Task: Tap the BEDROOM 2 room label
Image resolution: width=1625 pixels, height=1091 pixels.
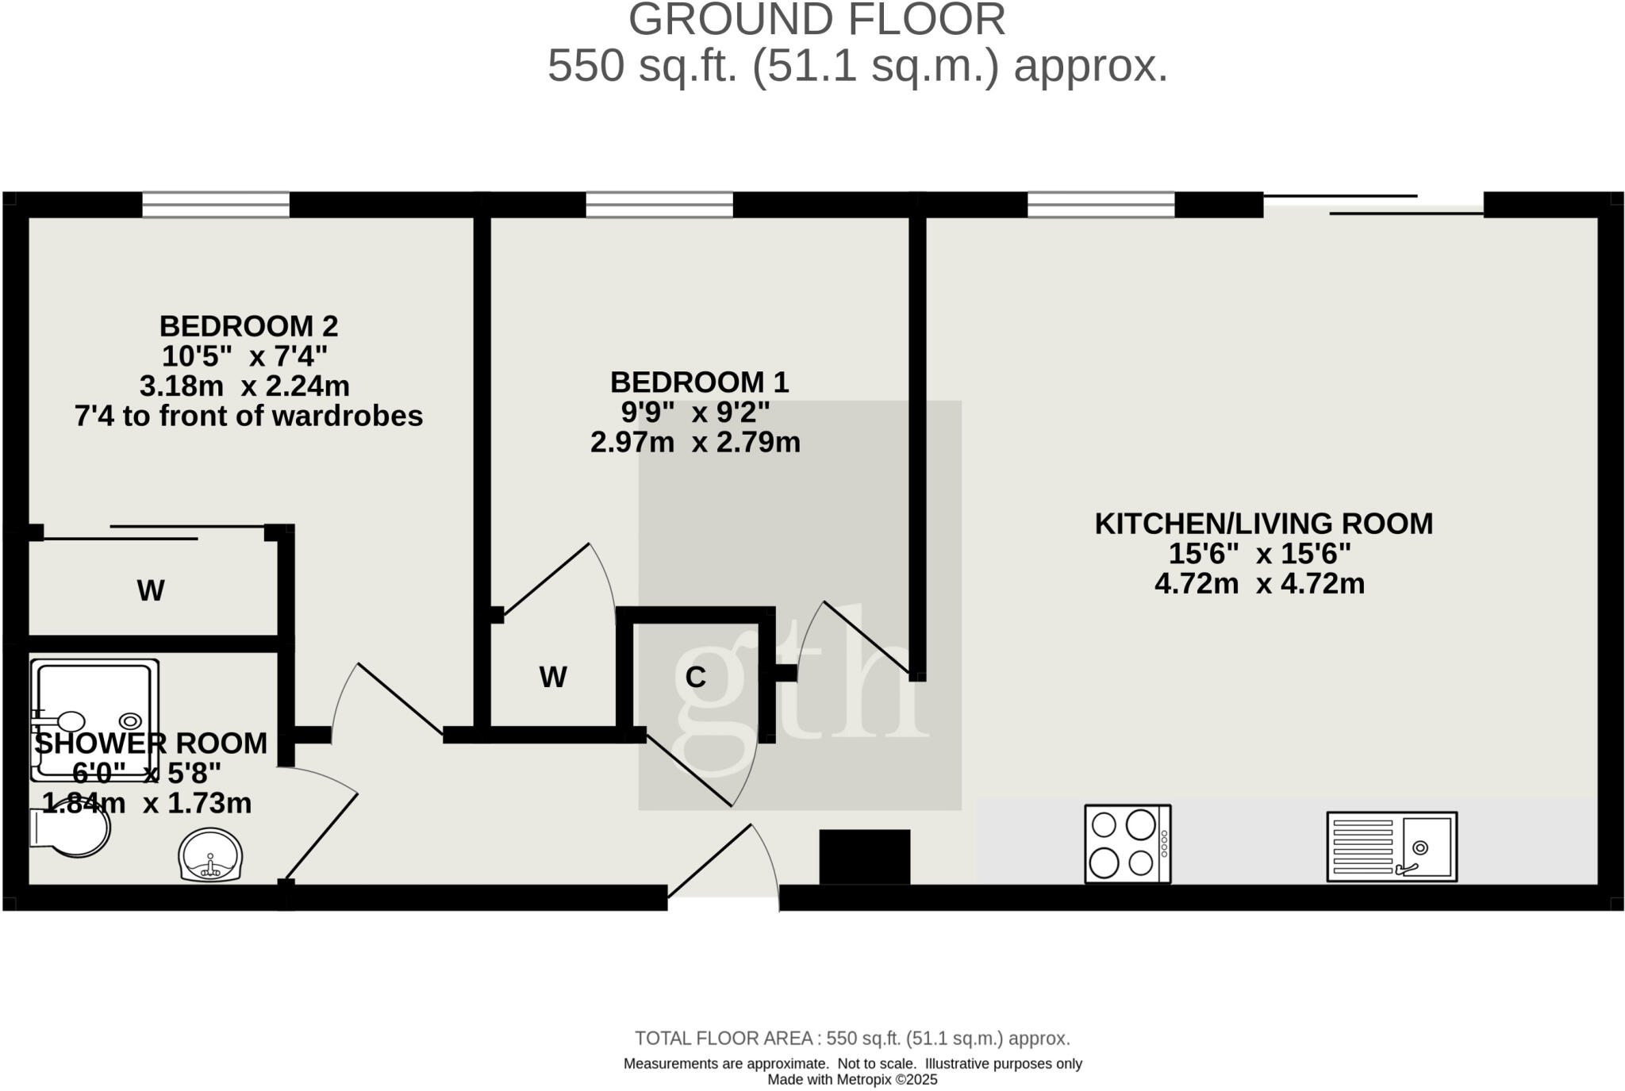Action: coord(248,326)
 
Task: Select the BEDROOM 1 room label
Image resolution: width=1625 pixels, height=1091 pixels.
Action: coord(699,382)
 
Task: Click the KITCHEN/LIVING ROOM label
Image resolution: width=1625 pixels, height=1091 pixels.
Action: coord(1263,524)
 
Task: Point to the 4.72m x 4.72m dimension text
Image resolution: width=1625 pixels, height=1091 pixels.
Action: coord(1259,584)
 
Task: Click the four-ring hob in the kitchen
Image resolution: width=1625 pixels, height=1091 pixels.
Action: coord(1128,843)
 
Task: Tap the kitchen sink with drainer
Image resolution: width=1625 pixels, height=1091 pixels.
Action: coord(1392,847)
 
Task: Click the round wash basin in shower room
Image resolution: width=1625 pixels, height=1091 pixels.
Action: coord(210,856)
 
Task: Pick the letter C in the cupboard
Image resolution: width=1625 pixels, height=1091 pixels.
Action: coord(695,678)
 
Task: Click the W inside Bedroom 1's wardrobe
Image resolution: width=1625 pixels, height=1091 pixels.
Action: coord(553,678)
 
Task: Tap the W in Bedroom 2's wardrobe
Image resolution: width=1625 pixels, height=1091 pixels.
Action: coord(151,591)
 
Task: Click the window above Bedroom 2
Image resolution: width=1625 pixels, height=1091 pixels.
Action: coord(216,205)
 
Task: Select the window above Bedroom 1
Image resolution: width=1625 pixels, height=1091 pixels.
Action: coord(659,205)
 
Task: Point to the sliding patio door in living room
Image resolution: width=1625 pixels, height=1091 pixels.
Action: coord(1373,205)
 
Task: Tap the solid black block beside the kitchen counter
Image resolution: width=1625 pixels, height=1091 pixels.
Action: coord(864,857)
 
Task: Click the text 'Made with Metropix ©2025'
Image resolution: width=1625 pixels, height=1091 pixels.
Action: coord(852,1080)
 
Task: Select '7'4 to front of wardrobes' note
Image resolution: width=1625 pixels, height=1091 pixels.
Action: coord(248,417)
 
